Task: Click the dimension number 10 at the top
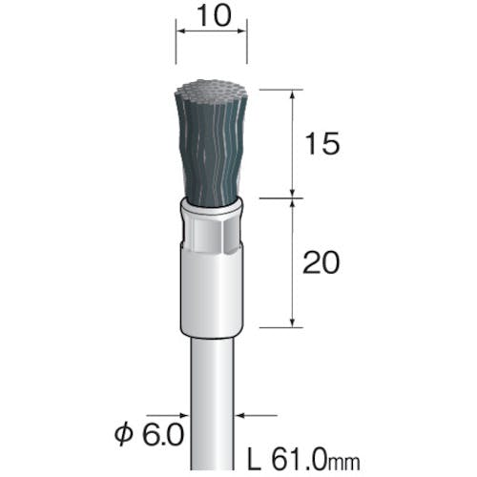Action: tap(214, 16)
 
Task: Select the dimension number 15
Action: tap(321, 144)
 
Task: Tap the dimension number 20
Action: tap(321, 262)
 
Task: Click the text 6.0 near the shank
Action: tap(163, 434)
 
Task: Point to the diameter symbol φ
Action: tap(123, 434)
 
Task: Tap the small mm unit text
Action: tap(343, 462)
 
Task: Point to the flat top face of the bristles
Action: tap(211, 88)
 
